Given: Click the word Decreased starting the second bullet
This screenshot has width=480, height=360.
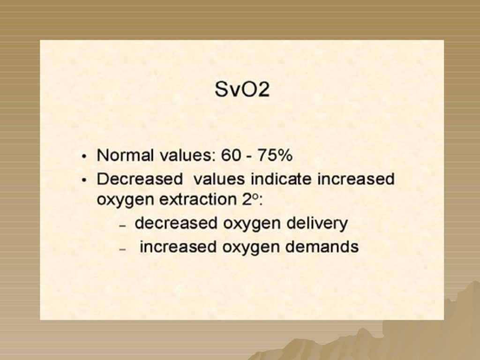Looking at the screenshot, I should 139,179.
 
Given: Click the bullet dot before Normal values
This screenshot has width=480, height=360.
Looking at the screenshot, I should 84,157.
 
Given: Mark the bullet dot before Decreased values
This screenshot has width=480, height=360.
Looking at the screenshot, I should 84,180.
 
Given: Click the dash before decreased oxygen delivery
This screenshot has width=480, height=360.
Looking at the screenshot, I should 123,225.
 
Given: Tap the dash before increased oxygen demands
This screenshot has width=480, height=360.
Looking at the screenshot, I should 123,249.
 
